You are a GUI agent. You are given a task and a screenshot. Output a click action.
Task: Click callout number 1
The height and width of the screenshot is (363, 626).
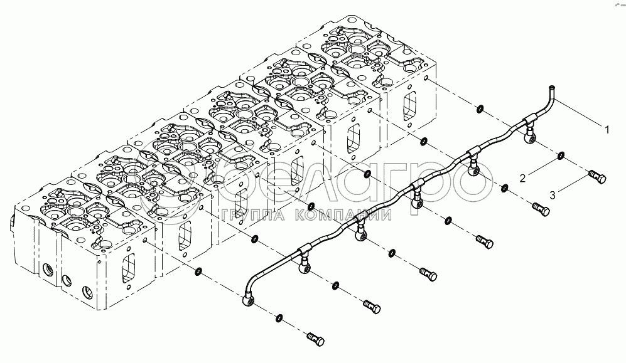coord(607,130)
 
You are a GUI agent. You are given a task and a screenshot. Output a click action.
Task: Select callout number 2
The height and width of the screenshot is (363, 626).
coord(522,179)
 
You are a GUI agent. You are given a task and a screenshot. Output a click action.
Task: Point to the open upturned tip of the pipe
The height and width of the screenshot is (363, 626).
coord(551,88)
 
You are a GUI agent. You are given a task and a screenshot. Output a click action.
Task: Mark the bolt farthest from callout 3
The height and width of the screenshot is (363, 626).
coord(315,339)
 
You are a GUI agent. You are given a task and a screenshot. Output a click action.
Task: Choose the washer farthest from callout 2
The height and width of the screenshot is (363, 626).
coord(280,317)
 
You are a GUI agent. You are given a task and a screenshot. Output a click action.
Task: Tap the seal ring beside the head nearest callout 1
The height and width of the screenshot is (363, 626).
coord(479,110)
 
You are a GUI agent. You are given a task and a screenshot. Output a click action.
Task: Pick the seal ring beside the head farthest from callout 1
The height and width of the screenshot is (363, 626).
coord(198,271)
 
